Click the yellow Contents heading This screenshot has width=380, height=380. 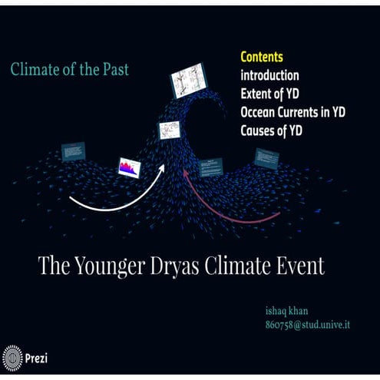(262, 58)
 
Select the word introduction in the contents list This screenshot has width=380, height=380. (269, 76)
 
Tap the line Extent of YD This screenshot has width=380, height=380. (269, 94)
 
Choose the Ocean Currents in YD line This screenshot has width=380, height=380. (292, 112)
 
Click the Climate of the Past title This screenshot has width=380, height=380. (70, 70)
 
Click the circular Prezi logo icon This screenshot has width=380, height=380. (13, 358)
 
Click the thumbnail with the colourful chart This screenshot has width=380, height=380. (128, 167)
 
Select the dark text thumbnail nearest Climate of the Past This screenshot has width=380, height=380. (74, 151)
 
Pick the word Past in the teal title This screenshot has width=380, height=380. (114, 70)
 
